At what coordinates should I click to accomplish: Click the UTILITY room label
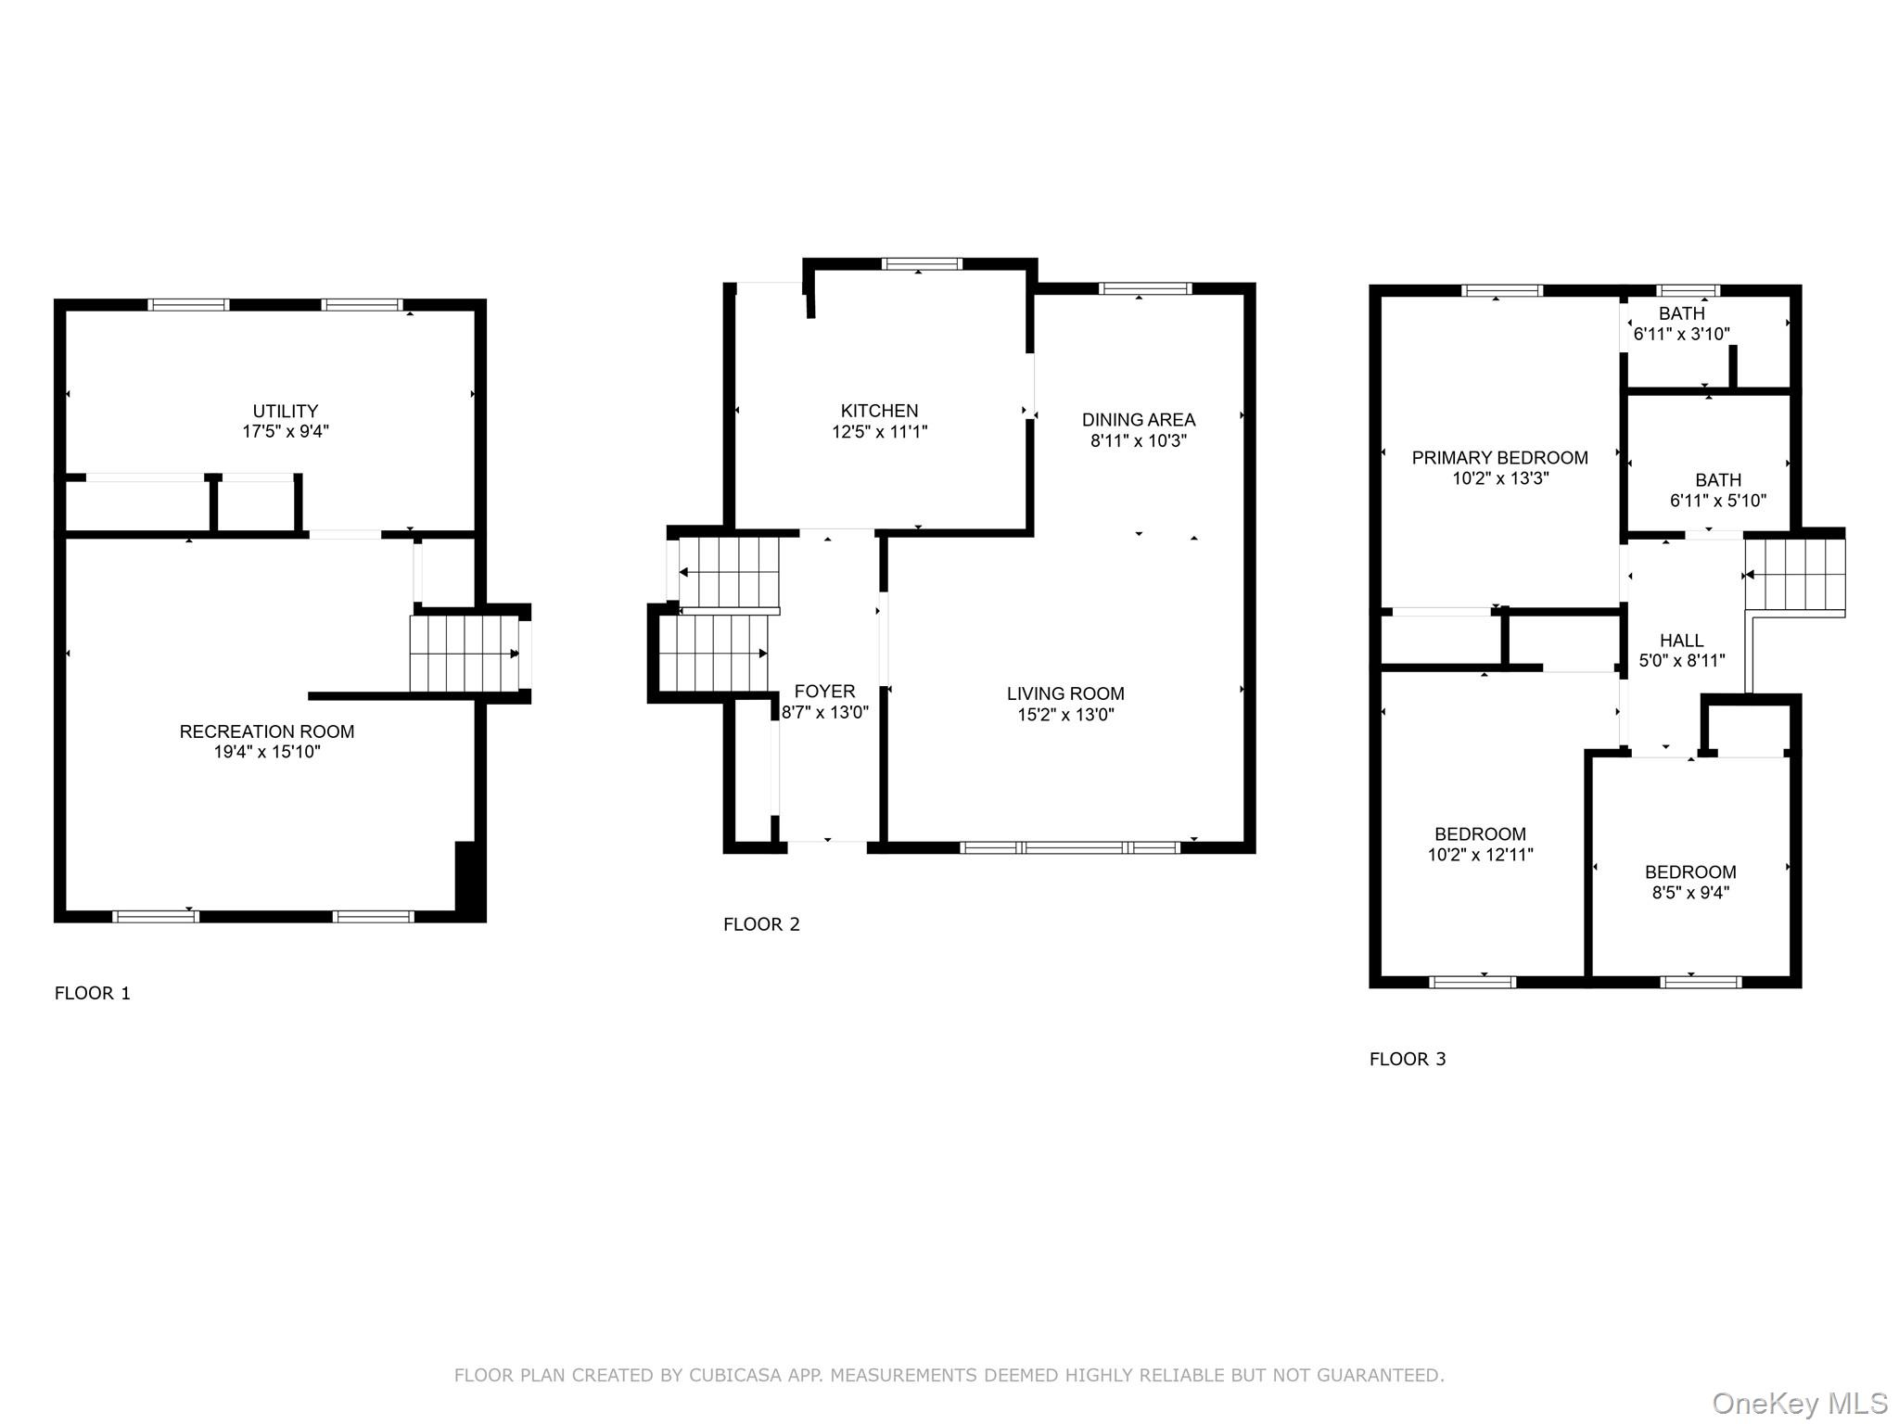tap(286, 411)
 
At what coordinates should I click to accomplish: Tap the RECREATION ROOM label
tap(267, 731)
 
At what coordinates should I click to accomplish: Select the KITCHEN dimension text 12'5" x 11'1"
tap(879, 432)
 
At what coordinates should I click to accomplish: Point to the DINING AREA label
tap(1139, 420)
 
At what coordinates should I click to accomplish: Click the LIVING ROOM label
tap(1065, 693)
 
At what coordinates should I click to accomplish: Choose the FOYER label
tap(824, 692)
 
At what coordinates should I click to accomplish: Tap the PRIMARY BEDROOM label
tap(1499, 458)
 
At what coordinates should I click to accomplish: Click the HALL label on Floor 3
tap(1681, 641)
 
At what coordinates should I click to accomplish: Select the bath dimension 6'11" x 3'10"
tap(1681, 335)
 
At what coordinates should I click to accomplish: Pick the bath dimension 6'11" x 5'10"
tap(1717, 502)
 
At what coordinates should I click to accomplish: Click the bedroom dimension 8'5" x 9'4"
tap(1690, 893)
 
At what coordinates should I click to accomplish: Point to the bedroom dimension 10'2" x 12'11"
tap(1480, 855)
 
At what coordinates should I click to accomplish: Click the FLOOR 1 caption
tap(93, 994)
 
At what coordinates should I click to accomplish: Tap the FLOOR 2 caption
tap(761, 924)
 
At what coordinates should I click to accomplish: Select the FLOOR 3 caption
tap(1408, 1059)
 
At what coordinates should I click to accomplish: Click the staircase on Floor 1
tap(464, 654)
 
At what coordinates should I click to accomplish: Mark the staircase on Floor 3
tap(1795, 575)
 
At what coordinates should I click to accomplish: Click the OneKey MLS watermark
tap(1800, 1404)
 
